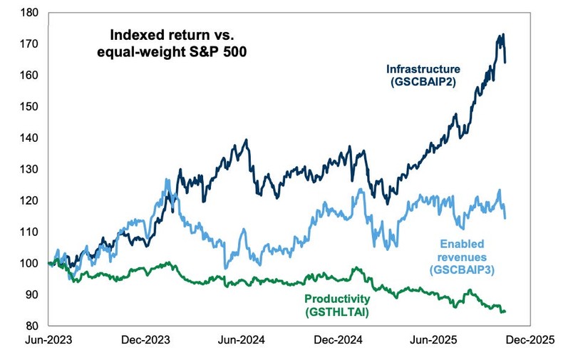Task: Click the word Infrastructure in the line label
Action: [423, 69]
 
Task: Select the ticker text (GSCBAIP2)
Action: [423, 83]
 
